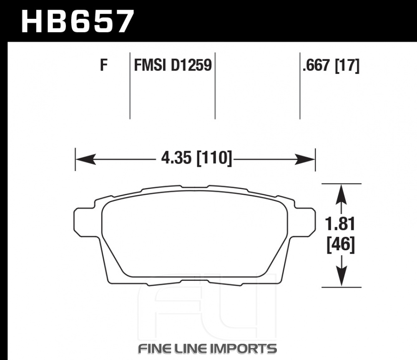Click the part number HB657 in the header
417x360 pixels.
pyautogui.click(x=78, y=21)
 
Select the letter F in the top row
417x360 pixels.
pyautogui.click(x=104, y=65)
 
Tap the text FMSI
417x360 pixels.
pyautogui.click(x=150, y=65)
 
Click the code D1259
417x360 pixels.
pyautogui.click(x=191, y=65)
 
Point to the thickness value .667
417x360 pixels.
pyautogui.click(x=317, y=65)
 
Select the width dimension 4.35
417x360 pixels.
pyautogui.click(x=176, y=158)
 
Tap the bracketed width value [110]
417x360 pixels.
pyautogui.click(x=214, y=158)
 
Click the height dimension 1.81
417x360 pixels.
pyautogui.click(x=340, y=224)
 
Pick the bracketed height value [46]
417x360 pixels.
pyautogui.click(x=341, y=244)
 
